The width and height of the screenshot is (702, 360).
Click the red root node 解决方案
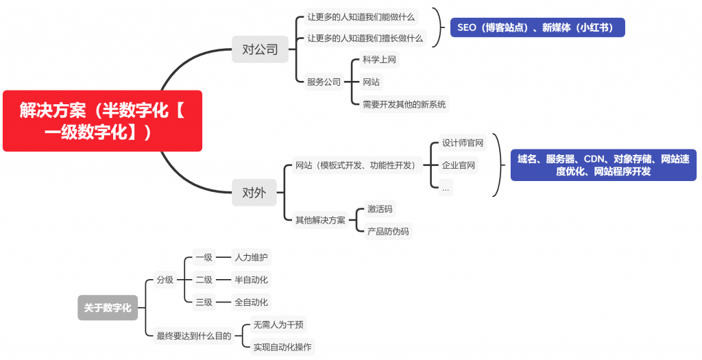pyautogui.click(x=102, y=121)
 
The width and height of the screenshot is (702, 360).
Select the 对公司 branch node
pyautogui.click(x=260, y=49)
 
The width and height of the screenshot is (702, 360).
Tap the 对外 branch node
pyautogui.click(x=254, y=192)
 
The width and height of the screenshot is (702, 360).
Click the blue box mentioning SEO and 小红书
pyautogui.click(x=537, y=27)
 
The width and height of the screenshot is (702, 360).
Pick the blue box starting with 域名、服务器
pyautogui.click(x=603, y=165)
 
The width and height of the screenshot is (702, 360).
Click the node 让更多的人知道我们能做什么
pyautogui.click(x=361, y=16)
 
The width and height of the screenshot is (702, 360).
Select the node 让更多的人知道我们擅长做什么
pyautogui.click(x=365, y=38)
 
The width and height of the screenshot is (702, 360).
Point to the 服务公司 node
pyautogui.click(x=324, y=82)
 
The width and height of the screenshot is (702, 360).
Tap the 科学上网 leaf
pyautogui.click(x=379, y=60)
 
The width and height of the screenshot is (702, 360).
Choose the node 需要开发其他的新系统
pyautogui.click(x=404, y=104)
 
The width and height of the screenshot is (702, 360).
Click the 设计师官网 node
pyautogui.click(x=463, y=143)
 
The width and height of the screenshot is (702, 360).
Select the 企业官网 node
pyautogui.click(x=459, y=165)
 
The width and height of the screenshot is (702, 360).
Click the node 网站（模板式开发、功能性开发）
pyautogui.click(x=355, y=165)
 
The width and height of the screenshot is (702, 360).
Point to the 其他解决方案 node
pyautogui.click(x=320, y=220)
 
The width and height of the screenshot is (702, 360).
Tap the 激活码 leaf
pyautogui.click(x=380, y=209)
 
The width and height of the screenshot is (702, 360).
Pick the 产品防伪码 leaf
pyautogui.click(x=388, y=231)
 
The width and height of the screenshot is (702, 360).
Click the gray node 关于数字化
pyautogui.click(x=108, y=308)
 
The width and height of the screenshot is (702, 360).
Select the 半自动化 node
pyautogui.click(x=251, y=280)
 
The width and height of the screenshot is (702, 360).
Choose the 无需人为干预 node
pyautogui.click(x=278, y=324)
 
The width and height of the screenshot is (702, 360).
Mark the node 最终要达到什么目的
pyautogui.click(x=194, y=335)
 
